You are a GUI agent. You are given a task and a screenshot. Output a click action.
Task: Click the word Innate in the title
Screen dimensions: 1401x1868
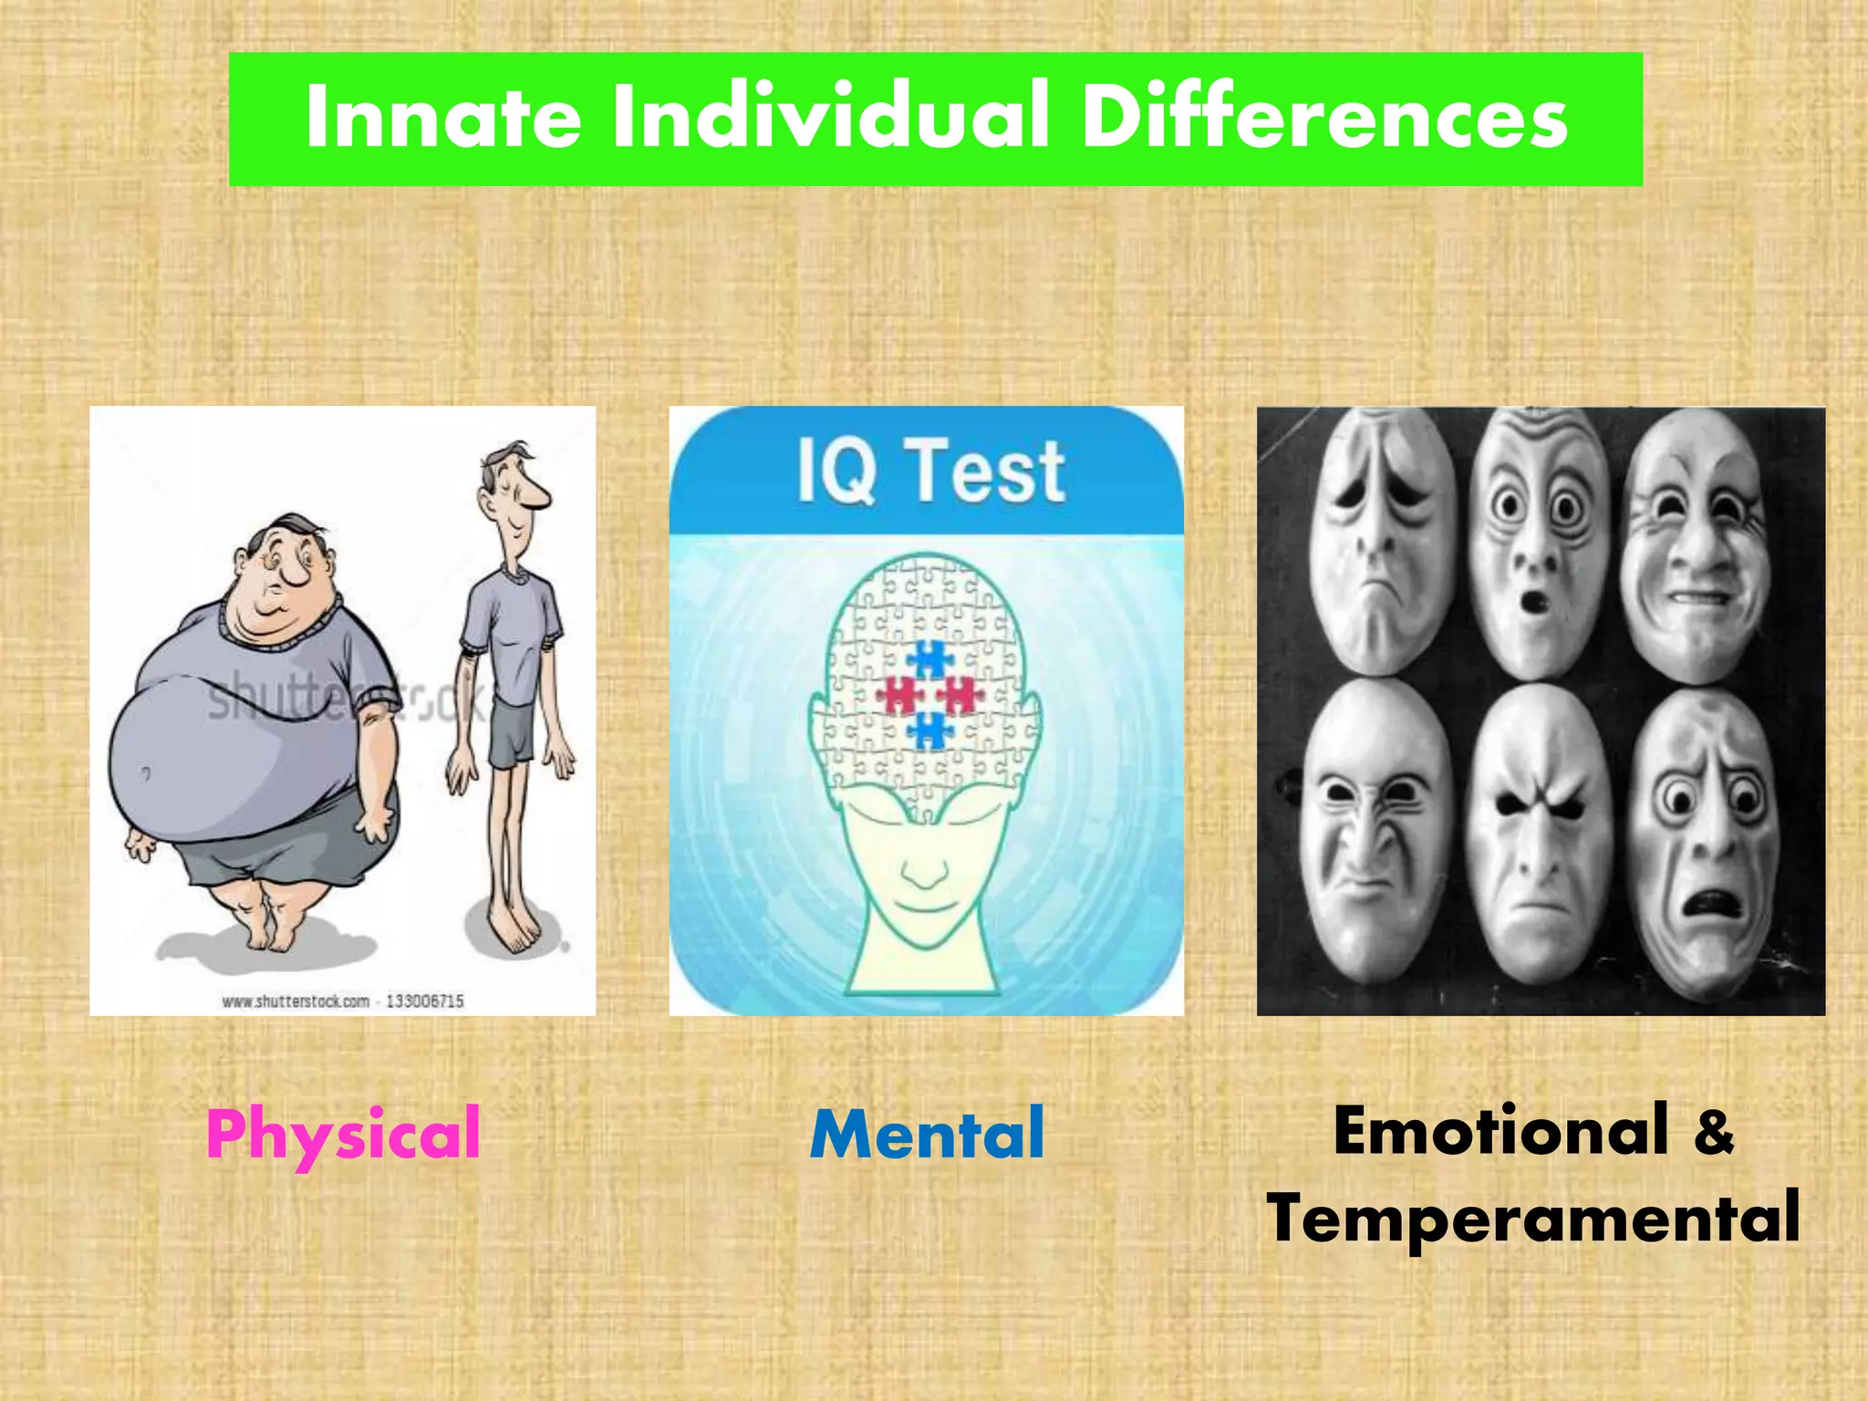point(443,119)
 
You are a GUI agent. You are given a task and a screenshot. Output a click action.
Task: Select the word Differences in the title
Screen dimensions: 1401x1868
point(1323,119)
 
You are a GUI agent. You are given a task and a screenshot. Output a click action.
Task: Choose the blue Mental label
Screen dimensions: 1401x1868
point(927,1134)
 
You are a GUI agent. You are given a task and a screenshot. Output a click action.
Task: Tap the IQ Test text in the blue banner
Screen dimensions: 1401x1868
point(930,471)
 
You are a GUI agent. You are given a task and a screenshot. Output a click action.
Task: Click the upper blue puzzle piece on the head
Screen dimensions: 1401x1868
point(929,659)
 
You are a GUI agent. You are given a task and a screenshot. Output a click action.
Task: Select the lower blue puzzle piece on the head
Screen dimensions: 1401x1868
point(929,731)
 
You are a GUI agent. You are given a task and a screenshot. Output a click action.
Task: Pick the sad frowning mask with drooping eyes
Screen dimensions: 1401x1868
point(1380,543)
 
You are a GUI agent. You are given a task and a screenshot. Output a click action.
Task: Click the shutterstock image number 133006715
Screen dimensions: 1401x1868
point(425,1001)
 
